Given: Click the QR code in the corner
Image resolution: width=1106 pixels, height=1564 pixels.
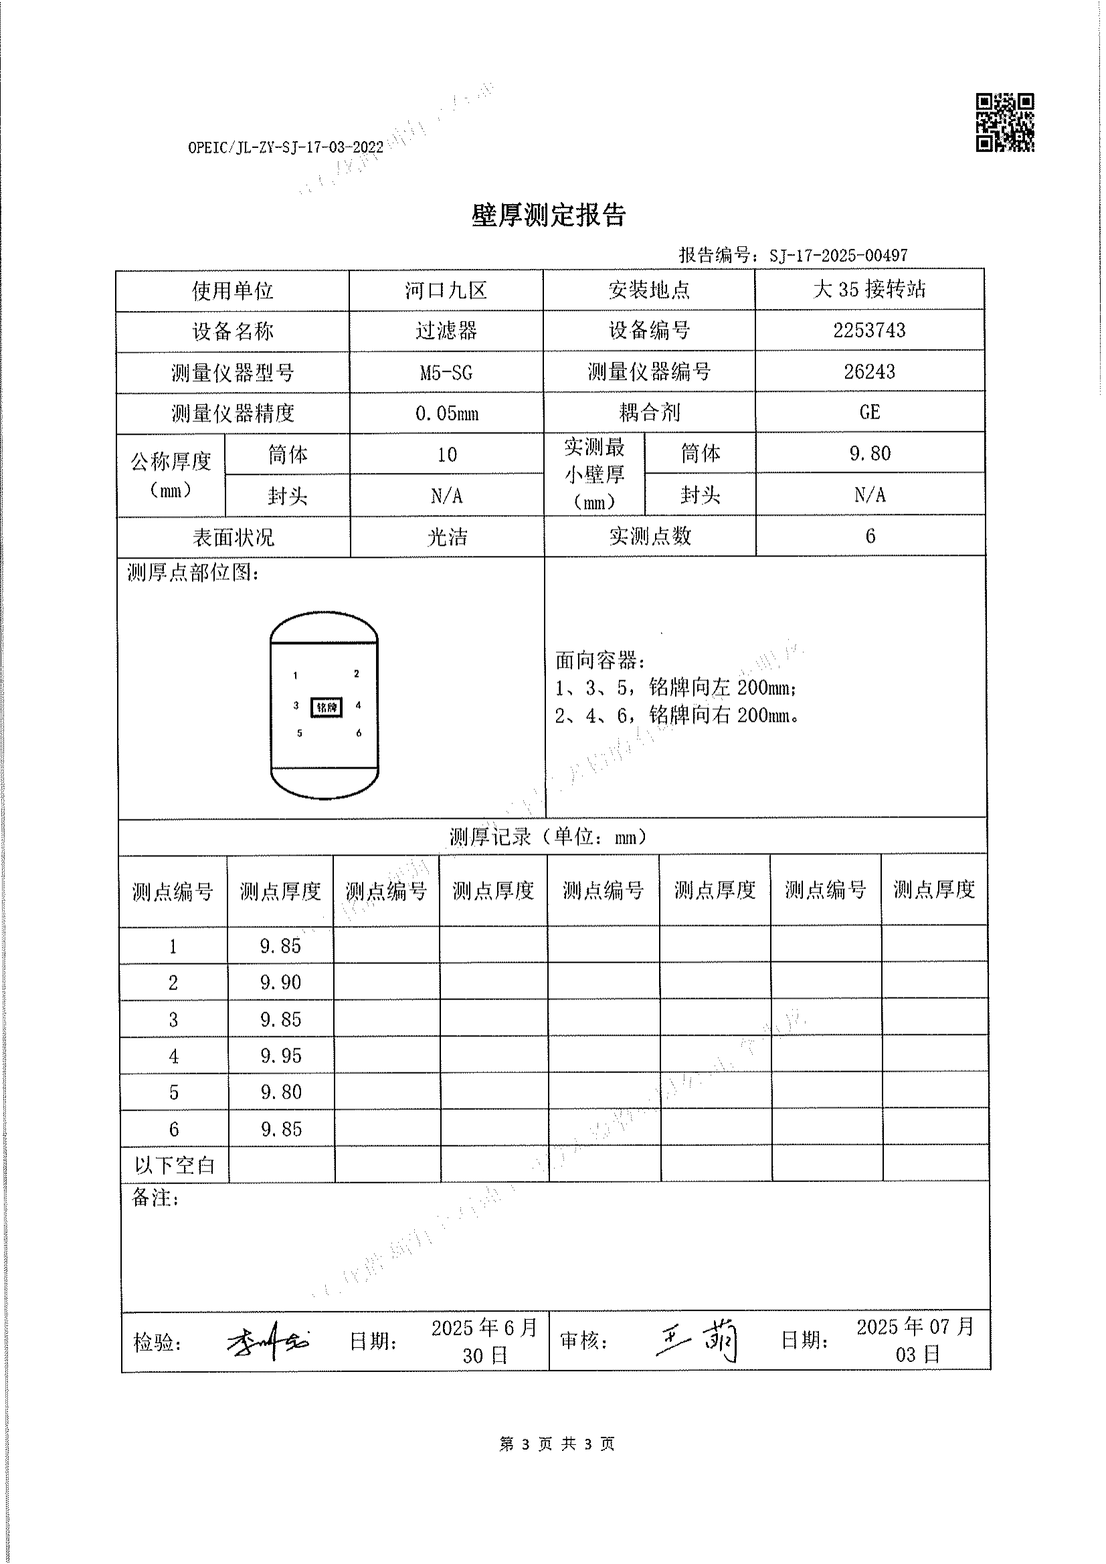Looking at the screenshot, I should click(1004, 122).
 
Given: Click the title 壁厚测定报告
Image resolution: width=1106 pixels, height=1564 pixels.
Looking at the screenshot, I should click(549, 215).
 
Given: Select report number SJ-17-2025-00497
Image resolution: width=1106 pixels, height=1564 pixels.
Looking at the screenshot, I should click(838, 256).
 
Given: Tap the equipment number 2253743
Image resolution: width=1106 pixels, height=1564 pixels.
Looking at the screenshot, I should click(869, 331).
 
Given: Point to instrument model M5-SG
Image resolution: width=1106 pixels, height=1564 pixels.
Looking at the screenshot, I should click(446, 373).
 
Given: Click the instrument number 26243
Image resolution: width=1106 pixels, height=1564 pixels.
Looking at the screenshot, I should click(869, 372).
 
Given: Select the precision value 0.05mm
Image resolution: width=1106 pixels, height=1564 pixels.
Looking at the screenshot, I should click(446, 413).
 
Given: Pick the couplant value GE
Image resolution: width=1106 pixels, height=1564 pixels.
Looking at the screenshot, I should click(870, 412).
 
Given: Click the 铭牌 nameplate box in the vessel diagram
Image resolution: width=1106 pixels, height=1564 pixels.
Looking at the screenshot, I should click(327, 707).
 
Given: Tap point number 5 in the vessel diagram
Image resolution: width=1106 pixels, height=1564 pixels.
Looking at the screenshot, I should click(299, 733).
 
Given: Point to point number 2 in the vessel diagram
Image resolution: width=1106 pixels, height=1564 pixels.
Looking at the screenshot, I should click(357, 674).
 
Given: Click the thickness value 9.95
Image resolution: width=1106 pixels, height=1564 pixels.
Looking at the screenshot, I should click(281, 1056).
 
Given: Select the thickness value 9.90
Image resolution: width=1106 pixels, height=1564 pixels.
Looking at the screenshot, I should click(281, 982).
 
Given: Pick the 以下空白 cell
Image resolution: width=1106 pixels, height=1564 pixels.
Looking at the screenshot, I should click(175, 1165).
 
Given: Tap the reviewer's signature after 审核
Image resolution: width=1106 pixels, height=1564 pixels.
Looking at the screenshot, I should click(697, 1340).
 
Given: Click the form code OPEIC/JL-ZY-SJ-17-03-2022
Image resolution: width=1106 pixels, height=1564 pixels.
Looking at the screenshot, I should click(286, 148).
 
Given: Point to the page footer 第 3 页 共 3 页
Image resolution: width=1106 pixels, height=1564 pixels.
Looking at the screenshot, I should click(557, 1444).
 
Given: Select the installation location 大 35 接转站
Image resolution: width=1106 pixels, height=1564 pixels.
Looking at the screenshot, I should click(869, 290).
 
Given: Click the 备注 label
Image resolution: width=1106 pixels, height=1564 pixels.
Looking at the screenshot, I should click(155, 1197).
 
